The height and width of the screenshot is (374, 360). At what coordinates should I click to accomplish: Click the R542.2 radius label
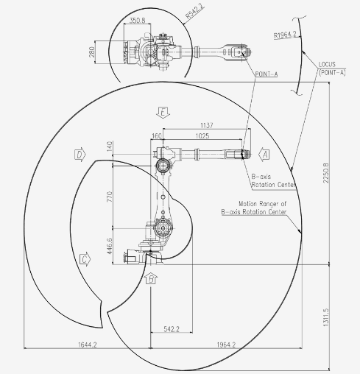[194, 11]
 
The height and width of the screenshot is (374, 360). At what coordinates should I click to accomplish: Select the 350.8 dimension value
[137, 21]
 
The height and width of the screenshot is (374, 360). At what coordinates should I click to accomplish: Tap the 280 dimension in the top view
[92, 52]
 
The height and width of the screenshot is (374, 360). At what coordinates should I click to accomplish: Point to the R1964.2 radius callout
[285, 35]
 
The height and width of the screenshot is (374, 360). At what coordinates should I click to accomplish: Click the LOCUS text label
[327, 65]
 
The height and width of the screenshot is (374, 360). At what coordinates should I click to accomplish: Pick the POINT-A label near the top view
[267, 74]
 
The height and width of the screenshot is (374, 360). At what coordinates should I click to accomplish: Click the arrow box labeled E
[163, 113]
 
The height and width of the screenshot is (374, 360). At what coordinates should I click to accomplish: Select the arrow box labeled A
[264, 155]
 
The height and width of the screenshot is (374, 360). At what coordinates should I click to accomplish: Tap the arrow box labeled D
[80, 155]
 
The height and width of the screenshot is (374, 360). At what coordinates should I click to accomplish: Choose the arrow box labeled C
[85, 259]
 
